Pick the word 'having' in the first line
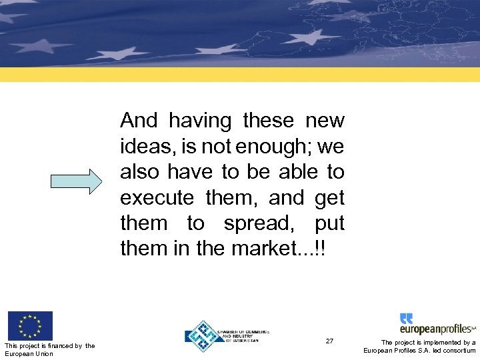(x=200, y=121)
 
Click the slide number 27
(x=329, y=341)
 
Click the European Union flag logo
(x=30, y=326)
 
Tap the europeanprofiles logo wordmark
(x=436, y=329)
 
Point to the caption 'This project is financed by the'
(x=50, y=345)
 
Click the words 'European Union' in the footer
(x=29, y=353)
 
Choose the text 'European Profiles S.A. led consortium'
(x=419, y=351)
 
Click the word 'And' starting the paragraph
(x=138, y=121)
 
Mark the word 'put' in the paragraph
(x=329, y=224)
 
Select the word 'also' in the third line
(x=139, y=172)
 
